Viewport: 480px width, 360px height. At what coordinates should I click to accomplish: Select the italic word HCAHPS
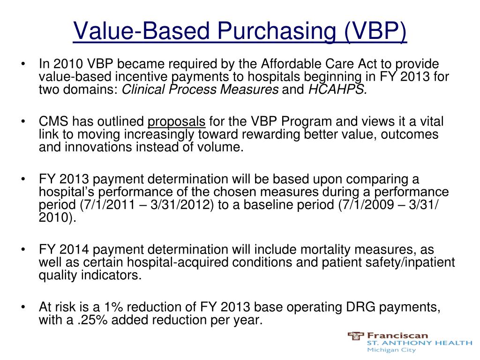[x=337, y=90]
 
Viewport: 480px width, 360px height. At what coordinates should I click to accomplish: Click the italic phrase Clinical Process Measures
[x=200, y=90]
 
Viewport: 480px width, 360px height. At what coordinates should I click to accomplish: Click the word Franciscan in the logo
[x=397, y=336]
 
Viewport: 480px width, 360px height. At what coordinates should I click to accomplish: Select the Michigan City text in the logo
[x=391, y=350]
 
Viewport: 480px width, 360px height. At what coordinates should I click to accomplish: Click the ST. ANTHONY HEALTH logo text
[x=419, y=343]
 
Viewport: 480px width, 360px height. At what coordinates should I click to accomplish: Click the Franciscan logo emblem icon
[x=355, y=336]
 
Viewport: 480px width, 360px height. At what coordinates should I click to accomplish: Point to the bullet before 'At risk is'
[x=23, y=308]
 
